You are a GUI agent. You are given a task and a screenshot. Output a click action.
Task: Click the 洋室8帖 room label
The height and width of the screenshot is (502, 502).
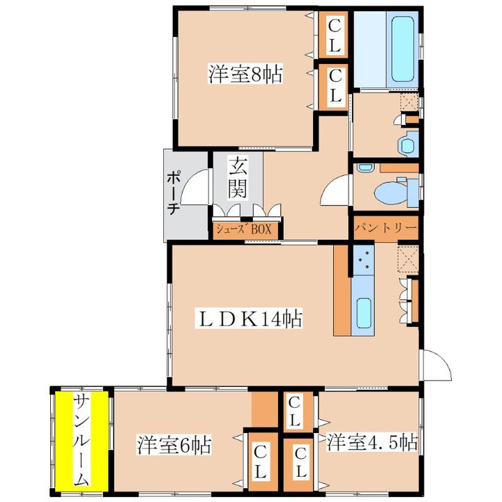(x=245, y=74)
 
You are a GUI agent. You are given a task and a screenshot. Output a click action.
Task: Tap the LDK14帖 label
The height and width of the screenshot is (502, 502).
(x=249, y=318)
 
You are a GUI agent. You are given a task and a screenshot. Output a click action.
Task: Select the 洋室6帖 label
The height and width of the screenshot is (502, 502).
(x=174, y=444)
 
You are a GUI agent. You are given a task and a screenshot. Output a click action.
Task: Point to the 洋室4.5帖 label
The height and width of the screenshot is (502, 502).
(x=372, y=442)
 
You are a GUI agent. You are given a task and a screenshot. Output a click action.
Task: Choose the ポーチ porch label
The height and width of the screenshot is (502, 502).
(x=173, y=192)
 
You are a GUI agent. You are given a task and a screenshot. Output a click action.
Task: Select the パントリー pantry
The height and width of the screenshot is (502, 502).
(x=386, y=227)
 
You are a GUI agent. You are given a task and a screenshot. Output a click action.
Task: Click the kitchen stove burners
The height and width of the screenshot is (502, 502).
(x=364, y=259)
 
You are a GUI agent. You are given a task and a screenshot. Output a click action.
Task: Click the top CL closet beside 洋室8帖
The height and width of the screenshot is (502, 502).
(x=333, y=36)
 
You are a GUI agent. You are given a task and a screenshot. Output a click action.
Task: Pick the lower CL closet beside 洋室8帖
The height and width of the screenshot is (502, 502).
(x=333, y=86)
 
